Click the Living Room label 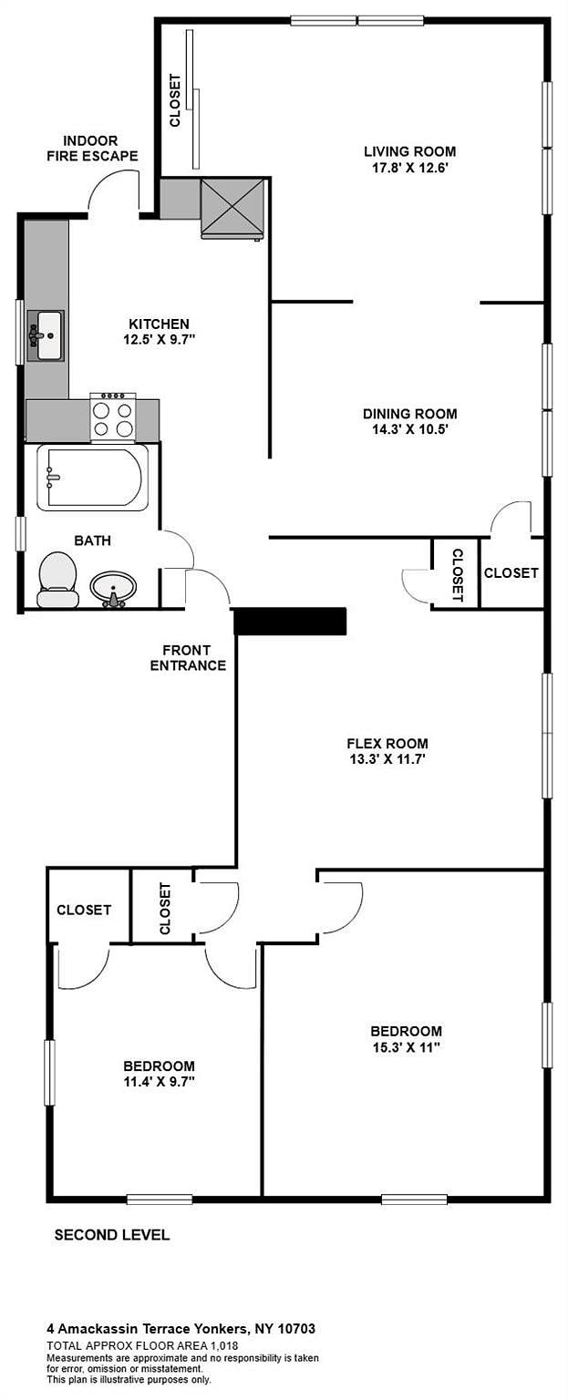pyautogui.click(x=410, y=151)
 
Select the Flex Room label pyautogui.click(x=387, y=744)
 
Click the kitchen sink pyautogui.click(x=46, y=335)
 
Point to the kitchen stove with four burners pyautogui.click(x=113, y=416)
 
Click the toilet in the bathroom pyautogui.click(x=58, y=580)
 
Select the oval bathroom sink pyautogui.click(x=114, y=589)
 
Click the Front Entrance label pyautogui.click(x=188, y=658)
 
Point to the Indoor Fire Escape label pyautogui.click(x=92, y=149)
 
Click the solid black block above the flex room pyautogui.click(x=290, y=622)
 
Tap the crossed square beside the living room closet pyautogui.click(x=232, y=208)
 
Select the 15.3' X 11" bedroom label pyautogui.click(x=407, y=1039)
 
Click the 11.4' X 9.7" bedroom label pyautogui.click(x=159, y=1075)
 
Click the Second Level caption pyautogui.click(x=112, y=1235)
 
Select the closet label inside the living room pyautogui.click(x=175, y=101)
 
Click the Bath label pyautogui.click(x=92, y=540)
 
